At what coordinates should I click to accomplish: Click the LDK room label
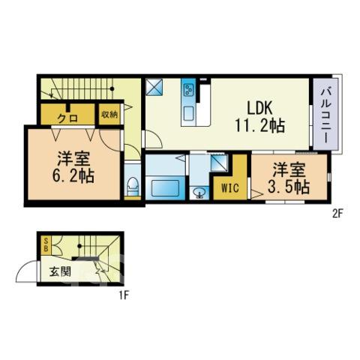(259, 108)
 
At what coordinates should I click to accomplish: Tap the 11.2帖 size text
(259, 125)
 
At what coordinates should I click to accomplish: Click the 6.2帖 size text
(73, 176)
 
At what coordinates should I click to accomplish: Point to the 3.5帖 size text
(289, 187)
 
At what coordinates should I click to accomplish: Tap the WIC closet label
(230, 188)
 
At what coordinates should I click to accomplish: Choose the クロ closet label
(67, 118)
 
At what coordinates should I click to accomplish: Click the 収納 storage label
(109, 114)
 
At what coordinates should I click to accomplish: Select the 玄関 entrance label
(60, 271)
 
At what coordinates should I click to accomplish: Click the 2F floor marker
(337, 214)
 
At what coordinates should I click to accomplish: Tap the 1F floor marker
(124, 295)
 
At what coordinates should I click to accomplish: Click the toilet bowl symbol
(133, 186)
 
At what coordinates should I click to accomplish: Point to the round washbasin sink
(199, 193)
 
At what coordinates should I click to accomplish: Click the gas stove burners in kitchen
(188, 90)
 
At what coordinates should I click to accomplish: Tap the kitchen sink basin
(188, 113)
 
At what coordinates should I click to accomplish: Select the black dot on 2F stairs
(112, 88)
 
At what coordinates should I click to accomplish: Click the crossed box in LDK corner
(154, 87)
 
